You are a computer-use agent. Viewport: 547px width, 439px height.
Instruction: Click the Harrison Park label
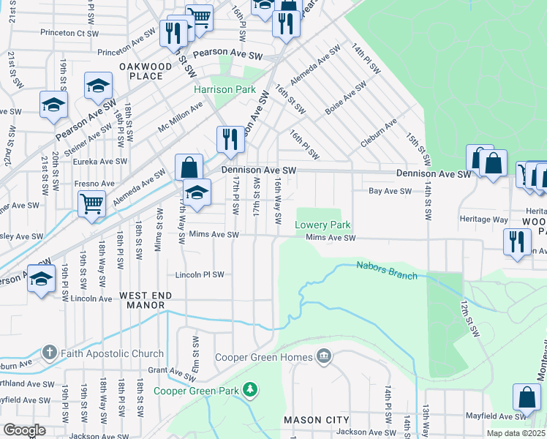225,89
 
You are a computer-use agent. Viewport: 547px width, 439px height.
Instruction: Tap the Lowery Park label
323,225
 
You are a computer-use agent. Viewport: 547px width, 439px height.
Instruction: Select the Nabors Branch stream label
386,270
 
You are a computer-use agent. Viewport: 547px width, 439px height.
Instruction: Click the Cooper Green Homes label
264,358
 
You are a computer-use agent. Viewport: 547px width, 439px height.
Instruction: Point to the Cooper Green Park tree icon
250,388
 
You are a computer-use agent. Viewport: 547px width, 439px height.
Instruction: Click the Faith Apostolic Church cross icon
50,352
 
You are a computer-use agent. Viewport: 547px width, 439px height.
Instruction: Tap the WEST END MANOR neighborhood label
146,301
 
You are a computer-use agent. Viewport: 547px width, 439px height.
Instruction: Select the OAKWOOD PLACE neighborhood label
145,71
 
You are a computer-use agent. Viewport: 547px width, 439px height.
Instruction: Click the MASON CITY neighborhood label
317,420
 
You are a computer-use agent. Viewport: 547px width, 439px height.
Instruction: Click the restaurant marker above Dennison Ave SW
230,139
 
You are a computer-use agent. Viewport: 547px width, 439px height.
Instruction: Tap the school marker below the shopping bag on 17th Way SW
197,193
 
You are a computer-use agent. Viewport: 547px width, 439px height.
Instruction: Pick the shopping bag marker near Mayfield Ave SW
527,397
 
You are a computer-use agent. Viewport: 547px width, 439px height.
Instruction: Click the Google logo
23,430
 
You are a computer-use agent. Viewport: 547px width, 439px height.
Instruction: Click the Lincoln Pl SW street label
200,274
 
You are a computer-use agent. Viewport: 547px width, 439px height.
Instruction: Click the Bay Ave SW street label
385,191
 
